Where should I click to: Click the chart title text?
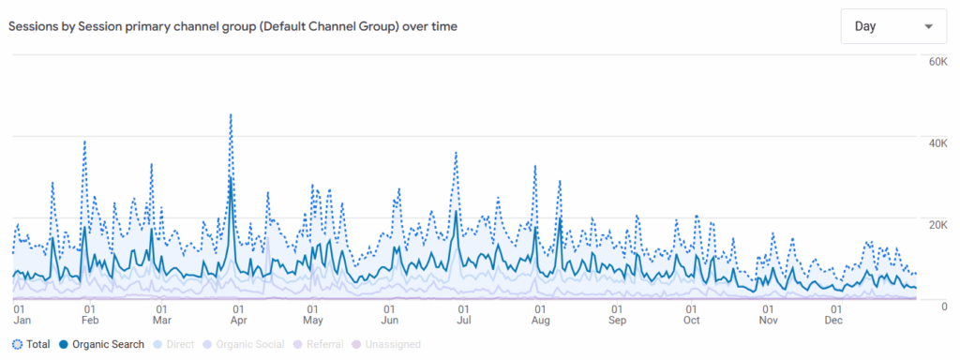233,26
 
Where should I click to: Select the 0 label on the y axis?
944,306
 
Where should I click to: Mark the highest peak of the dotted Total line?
231,115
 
